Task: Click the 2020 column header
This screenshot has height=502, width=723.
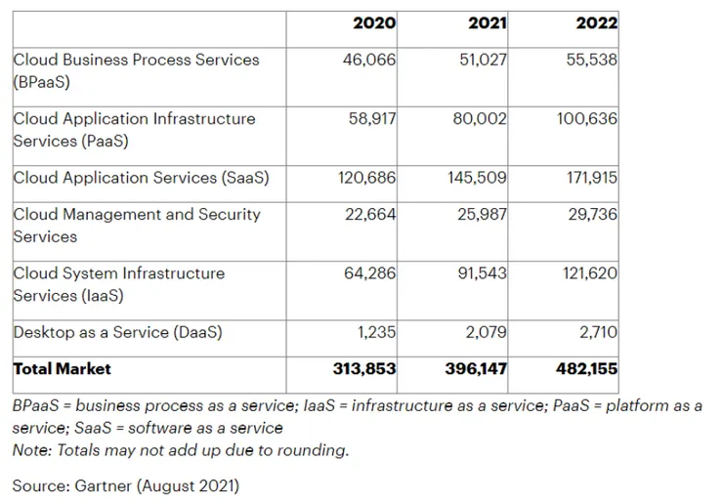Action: click(x=374, y=23)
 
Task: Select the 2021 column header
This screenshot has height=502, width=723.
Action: click(x=485, y=23)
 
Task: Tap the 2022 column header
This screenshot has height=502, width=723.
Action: click(x=595, y=23)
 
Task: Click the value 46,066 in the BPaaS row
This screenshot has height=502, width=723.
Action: click(x=371, y=60)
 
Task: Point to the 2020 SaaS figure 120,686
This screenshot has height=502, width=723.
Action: click(x=365, y=178)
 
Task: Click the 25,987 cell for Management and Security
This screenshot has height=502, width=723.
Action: click(x=483, y=214)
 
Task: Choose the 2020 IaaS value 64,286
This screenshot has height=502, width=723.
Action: click(x=371, y=273)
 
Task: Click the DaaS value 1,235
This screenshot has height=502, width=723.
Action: click(x=377, y=332)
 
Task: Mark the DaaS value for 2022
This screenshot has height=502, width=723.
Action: click(x=598, y=332)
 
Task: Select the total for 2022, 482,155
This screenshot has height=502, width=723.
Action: click(x=585, y=369)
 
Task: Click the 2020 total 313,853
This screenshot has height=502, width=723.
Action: click(x=363, y=369)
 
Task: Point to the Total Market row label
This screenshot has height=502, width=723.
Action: click(x=62, y=369)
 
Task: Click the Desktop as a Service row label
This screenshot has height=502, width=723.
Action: click(x=117, y=332)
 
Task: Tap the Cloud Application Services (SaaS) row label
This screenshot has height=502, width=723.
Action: click(x=141, y=178)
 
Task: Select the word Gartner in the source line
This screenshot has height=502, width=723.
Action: click(x=103, y=485)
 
